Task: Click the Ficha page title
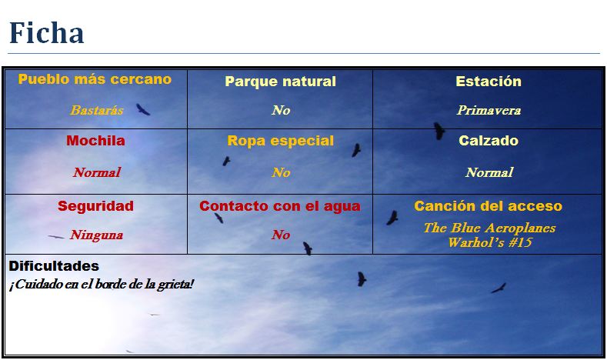tap(46, 32)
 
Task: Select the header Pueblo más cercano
tap(95, 79)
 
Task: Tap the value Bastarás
tap(97, 110)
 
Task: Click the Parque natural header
tap(280, 82)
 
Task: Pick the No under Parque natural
tap(281, 110)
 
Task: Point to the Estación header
tap(489, 81)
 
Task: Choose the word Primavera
tap(489, 110)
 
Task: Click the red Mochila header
tap(95, 141)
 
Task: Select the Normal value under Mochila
tap(97, 172)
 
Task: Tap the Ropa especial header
tap(280, 141)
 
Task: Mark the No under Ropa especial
tap(281, 172)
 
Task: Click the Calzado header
tap(489, 141)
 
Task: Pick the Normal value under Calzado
tap(489, 172)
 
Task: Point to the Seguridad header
tap(95, 206)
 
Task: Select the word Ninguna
tap(96, 235)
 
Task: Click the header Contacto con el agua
tap(280, 206)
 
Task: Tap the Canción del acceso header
tap(489, 206)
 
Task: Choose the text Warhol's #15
tap(490, 242)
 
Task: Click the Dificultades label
tap(54, 266)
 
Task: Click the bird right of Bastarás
tap(142, 109)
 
